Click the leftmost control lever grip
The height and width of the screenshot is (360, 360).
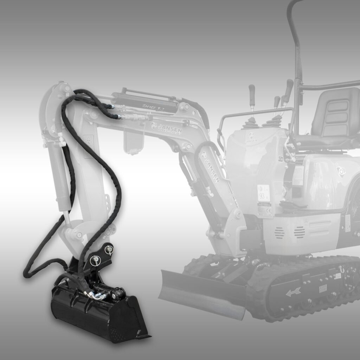tap(252, 92)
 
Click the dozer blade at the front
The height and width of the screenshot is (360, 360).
tap(200, 291)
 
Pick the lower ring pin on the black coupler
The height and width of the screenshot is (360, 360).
tap(95, 261)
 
